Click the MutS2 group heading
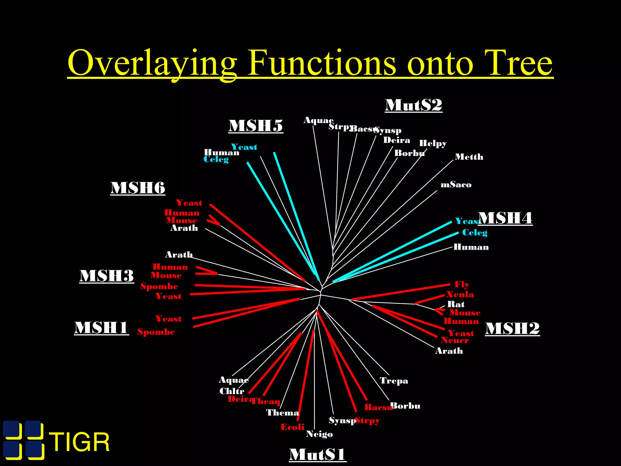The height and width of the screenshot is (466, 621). pos(413,105)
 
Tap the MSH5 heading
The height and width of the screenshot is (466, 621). pos(256,126)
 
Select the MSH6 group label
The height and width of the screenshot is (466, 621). pos(138,188)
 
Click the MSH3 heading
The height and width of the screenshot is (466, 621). pos(106,276)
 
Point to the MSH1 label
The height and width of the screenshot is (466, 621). pos(101,328)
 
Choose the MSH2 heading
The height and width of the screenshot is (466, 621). pos(512,329)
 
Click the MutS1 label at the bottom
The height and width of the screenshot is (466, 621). pos(317,454)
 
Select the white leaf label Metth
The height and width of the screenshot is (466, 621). pos(469,157)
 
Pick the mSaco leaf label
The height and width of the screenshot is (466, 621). pos(456,185)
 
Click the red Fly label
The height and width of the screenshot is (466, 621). pos(462,285)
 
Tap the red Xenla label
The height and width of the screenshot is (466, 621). pos(460,294)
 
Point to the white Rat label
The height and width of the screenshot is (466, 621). pos(456,304)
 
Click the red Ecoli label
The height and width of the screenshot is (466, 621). pos(292,427)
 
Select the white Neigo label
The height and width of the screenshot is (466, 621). pos(319,434)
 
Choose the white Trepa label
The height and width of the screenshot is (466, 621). pos(394,381)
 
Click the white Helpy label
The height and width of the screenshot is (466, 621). pos(433,143)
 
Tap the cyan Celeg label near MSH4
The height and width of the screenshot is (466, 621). pos(475,233)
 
